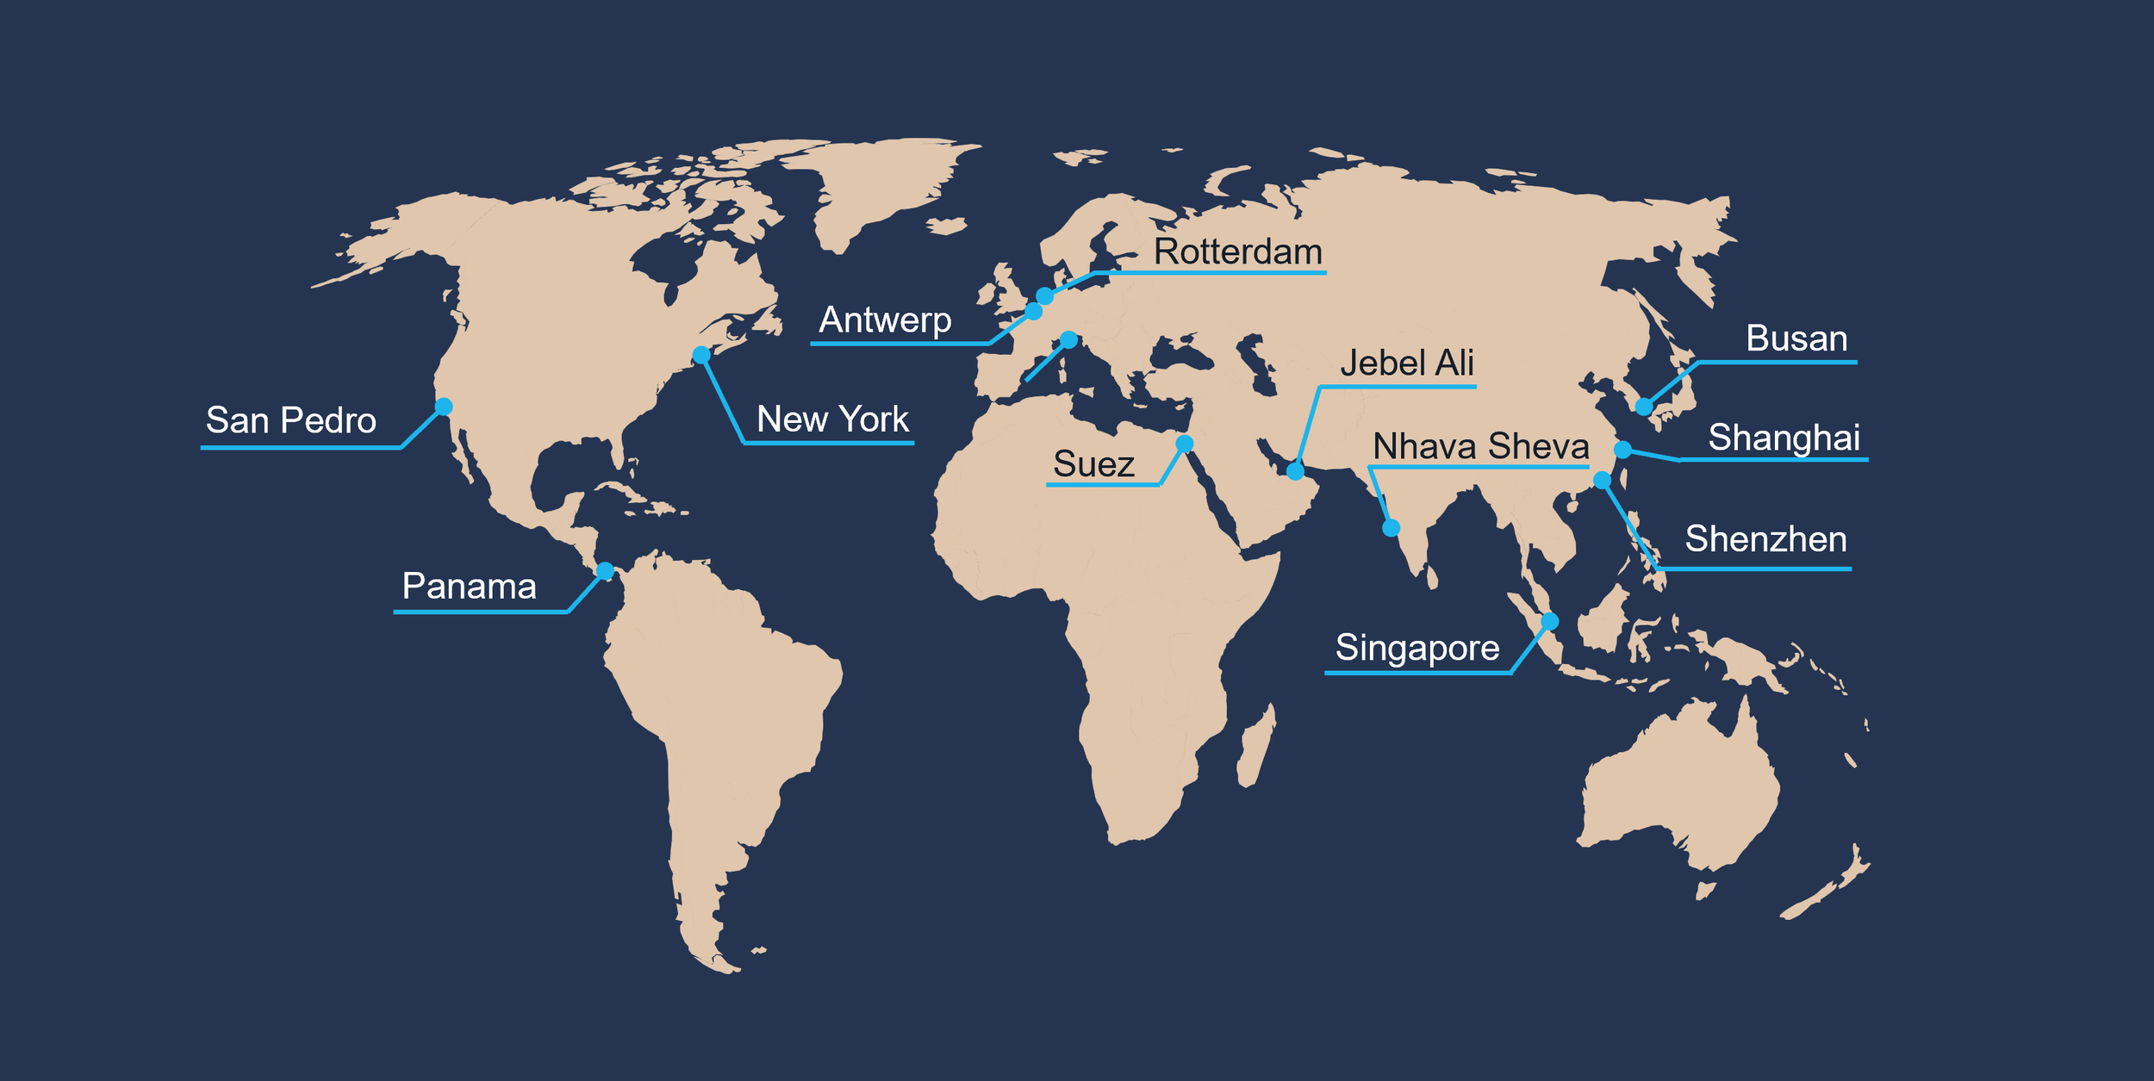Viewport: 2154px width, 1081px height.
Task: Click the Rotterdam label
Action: (1237, 252)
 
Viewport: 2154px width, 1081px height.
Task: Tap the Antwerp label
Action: (885, 320)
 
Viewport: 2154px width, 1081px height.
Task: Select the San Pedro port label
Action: (290, 420)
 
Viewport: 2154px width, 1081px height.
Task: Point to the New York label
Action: (832, 419)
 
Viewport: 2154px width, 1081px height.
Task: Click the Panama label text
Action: (469, 587)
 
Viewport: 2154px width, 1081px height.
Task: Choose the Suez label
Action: (1093, 464)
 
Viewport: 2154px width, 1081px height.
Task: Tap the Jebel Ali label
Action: (1406, 363)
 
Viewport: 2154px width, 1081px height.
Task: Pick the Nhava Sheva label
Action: (1480, 446)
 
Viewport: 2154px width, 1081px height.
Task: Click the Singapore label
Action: (1417, 648)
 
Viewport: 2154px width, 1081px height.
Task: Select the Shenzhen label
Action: (1765, 539)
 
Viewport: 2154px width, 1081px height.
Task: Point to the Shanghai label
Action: (1784, 438)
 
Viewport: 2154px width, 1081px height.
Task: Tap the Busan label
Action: (1796, 339)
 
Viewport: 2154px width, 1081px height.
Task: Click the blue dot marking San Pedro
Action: (444, 406)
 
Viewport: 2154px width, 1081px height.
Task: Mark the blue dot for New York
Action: (701, 355)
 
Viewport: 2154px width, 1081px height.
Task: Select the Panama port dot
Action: (605, 571)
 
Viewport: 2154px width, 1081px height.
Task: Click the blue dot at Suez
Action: (1185, 444)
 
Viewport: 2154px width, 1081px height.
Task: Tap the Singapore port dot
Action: (1549, 621)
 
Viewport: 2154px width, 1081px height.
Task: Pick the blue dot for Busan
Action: (1644, 407)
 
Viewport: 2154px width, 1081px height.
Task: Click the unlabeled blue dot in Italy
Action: (1068, 340)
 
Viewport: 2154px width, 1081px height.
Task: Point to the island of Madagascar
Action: (1256, 746)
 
